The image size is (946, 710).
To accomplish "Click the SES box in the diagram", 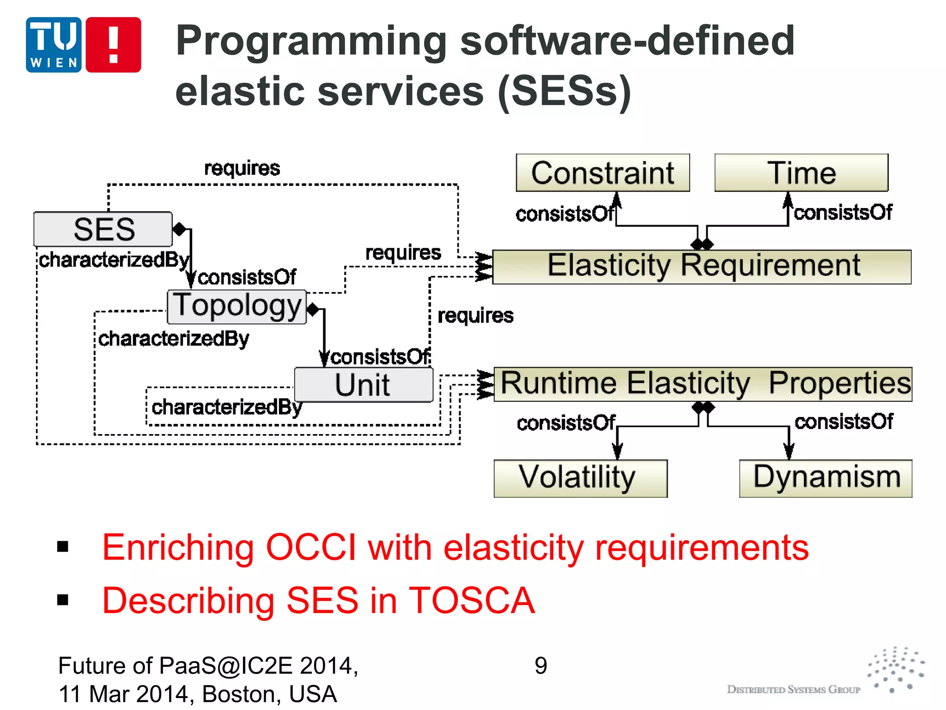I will click(103, 229).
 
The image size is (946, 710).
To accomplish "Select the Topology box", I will click(236, 306).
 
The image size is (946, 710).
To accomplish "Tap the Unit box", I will click(364, 385).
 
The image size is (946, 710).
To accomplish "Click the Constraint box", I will click(603, 173).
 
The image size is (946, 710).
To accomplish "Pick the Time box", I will click(801, 173).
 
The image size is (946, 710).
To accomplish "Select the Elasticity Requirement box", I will click(702, 267).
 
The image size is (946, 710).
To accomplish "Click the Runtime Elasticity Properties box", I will click(703, 384).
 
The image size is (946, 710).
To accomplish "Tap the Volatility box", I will click(581, 478).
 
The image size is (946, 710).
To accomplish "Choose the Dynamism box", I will click(826, 478).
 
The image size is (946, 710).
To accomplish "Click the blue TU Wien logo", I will click(54, 45).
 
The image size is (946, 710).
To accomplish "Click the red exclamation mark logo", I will click(114, 45).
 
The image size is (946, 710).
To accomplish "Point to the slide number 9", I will click(541, 666).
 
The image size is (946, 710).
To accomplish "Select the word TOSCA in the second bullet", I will click(472, 601).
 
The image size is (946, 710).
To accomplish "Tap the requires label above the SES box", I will click(242, 168).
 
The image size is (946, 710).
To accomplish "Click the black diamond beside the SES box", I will click(179, 229).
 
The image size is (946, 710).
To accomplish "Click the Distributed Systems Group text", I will click(794, 690).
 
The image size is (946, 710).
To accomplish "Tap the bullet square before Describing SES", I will click(63, 600).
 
